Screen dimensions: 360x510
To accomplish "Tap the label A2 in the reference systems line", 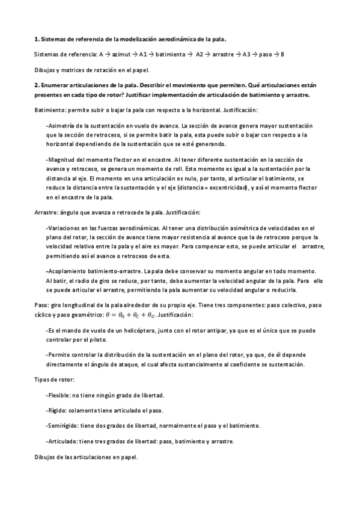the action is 201,55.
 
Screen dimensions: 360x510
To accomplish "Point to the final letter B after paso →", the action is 282,55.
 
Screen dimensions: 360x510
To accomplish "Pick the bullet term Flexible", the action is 59,395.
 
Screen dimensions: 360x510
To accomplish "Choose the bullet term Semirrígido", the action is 64,425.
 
